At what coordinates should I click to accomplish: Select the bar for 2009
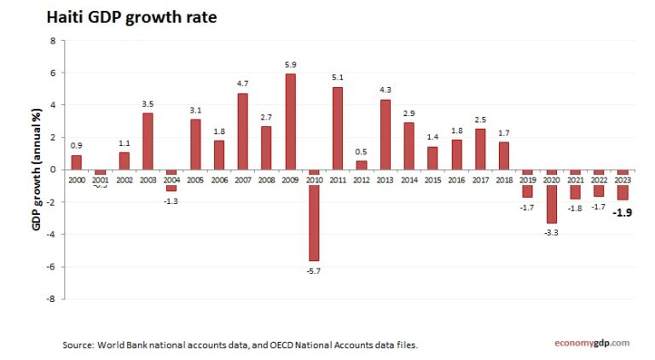click(290, 122)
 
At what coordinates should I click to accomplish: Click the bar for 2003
click(148, 141)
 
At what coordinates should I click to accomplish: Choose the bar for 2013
click(385, 135)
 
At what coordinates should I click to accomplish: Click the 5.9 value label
click(290, 65)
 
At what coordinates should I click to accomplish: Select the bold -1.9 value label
click(623, 214)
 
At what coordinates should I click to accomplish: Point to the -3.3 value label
click(551, 231)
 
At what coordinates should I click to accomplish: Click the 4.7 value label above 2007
click(242, 84)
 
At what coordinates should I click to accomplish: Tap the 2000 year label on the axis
click(77, 180)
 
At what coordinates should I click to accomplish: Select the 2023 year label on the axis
click(623, 180)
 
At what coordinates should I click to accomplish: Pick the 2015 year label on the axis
click(432, 180)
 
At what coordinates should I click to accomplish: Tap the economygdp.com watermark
click(591, 343)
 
